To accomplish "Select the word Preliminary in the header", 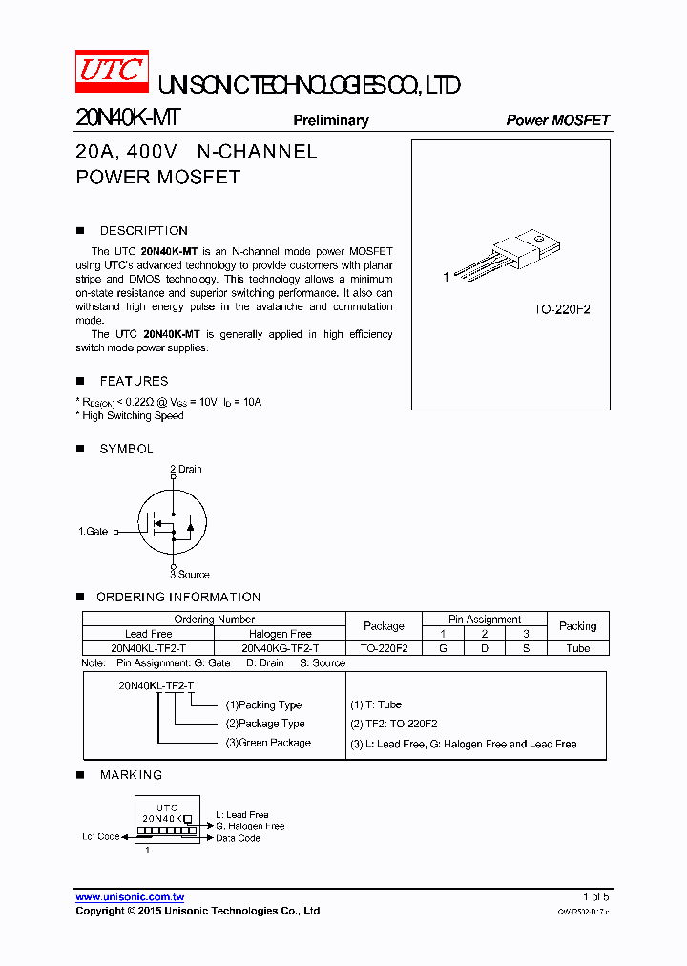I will tap(330, 120).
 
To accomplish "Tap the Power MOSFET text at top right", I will tap(557, 120).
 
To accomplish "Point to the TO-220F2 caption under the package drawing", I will tap(561, 310).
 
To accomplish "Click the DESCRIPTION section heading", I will tap(143, 231).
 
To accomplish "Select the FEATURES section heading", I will tap(134, 381).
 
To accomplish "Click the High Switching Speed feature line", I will tap(132, 416).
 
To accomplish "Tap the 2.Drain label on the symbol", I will tap(186, 469).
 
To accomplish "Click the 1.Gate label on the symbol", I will tap(94, 531).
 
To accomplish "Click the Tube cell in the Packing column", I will tap(577, 648).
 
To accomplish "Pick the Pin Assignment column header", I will tap(485, 619).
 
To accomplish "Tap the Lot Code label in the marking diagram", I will tap(100, 837).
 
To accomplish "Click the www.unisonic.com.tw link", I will tap(130, 897).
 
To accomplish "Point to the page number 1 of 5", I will tap(595, 897).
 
